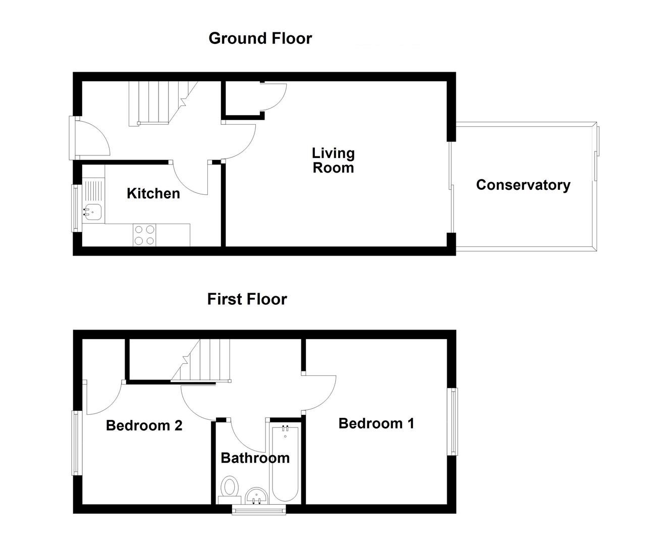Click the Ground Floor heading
click(x=260, y=38)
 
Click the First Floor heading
click(x=247, y=299)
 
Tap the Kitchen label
click(x=153, y=194)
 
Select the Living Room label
click(x=334, y=160)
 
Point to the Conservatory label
click(x=523, y=185)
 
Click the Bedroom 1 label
click(x=376, y=423)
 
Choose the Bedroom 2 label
click(x=144, y=425)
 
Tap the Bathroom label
click(x=255, y=458)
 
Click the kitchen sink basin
click(x=93, y=212)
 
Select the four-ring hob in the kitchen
click(x=144, y=235)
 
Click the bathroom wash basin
click(x=256, y=496)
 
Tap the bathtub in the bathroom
click(x=285, y=464)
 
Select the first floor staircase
click(x=201, y=360)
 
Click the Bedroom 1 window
click(x=453, y=422)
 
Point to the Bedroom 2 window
click(x=77, y=443)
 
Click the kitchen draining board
click(x=93, y=191)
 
